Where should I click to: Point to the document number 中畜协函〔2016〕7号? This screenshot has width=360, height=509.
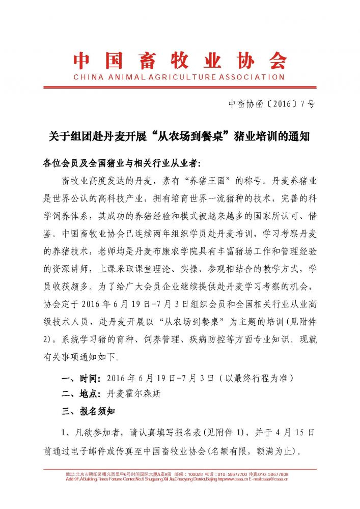pyautogui.click(x=272, y=104)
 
